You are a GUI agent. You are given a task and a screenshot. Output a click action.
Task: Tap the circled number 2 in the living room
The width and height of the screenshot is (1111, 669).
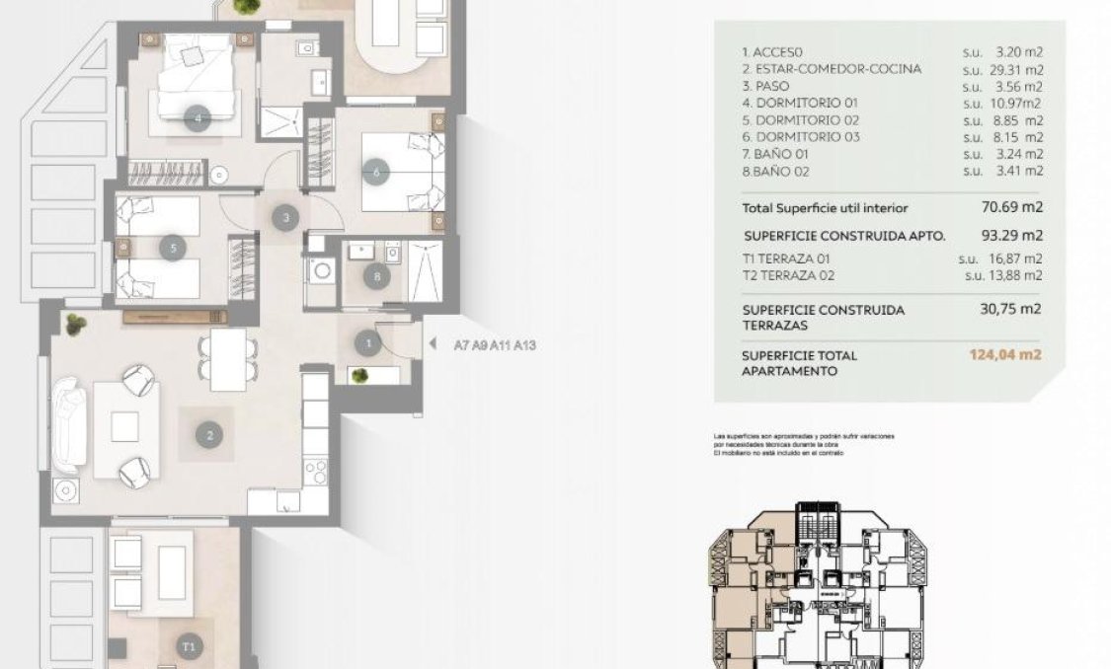208,433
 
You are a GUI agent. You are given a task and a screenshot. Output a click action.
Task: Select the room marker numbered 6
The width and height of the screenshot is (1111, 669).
375,171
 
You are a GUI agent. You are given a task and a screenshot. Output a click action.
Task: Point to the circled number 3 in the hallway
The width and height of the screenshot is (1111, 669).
285,218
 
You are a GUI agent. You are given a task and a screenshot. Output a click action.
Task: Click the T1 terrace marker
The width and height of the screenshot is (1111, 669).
189,646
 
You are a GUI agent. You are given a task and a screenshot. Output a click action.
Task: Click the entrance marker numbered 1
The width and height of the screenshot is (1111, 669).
368,343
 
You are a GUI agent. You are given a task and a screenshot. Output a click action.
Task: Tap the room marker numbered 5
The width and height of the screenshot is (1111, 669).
173,248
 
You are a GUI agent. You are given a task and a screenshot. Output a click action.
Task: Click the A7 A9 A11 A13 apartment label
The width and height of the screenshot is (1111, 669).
494,345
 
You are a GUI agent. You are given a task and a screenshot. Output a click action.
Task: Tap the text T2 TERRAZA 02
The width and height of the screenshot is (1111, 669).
795,275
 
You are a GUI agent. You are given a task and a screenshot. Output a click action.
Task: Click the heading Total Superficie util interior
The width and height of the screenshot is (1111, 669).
825,208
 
